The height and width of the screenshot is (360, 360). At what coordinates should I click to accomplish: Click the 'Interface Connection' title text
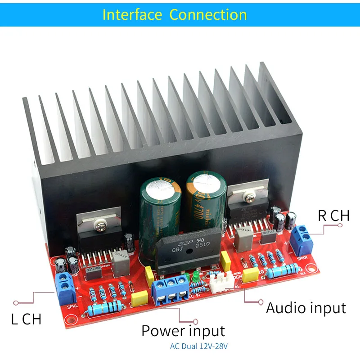(x=175, y=14)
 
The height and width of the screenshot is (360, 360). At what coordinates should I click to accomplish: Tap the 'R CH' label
(x=333, y=215)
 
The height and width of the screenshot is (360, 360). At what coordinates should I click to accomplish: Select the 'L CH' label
(x=26, y=319)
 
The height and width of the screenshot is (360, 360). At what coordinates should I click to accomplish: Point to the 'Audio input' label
(x=306, y=308)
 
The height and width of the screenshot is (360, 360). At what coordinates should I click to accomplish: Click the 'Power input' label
(x=183, y=331)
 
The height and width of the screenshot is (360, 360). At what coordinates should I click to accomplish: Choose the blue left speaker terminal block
(x=65, y=287)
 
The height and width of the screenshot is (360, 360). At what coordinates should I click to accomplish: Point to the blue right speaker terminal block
(x=302, y=238)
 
